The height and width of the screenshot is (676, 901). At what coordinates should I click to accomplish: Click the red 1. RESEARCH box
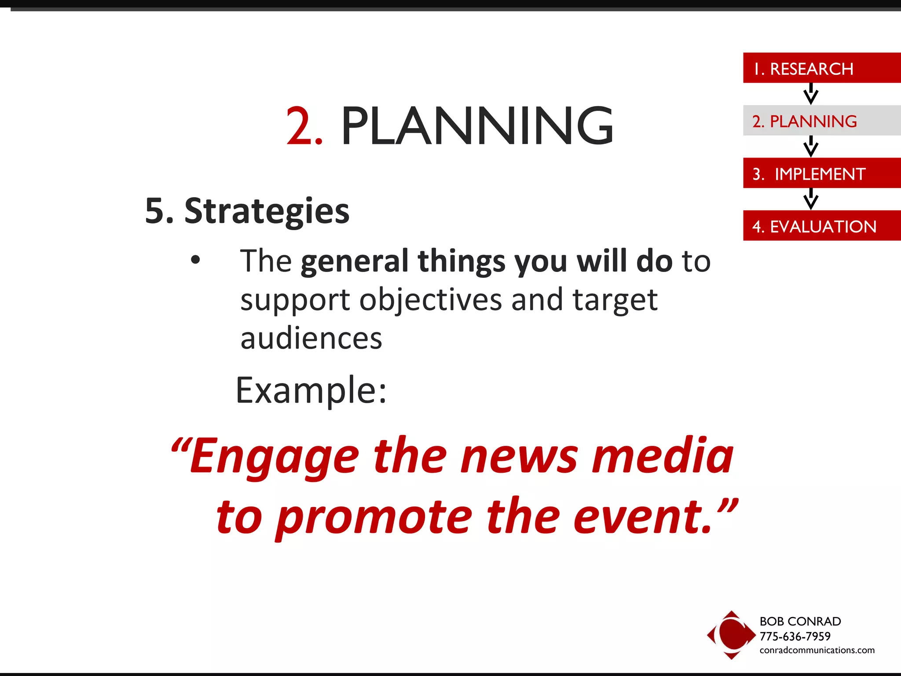tap(821, 68)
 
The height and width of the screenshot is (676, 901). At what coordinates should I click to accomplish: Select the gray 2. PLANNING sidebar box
tap(821, 121)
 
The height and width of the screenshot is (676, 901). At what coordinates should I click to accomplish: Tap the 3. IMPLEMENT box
tap(821, 173)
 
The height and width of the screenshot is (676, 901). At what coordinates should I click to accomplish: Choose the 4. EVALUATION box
tap(821, 226)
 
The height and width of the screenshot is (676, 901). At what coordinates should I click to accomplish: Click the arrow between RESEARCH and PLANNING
tap(810, 94)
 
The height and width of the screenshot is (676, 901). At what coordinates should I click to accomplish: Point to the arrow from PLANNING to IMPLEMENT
tap(810, 146)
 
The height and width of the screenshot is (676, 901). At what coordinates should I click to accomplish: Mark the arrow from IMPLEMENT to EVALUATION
tap(810, 199)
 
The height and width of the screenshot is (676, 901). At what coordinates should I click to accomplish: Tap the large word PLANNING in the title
tap(477, 127)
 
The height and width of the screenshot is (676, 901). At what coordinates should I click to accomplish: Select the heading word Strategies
tap(267, 211)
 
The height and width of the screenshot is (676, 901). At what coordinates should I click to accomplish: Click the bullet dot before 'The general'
tap(195, 260)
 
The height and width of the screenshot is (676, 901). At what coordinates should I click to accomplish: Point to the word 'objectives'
tap(431, 301)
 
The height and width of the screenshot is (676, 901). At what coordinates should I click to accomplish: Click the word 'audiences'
tap(311, 339)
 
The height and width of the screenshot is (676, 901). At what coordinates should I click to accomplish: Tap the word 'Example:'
tap(311, 391)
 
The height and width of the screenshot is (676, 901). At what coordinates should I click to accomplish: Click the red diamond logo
tap(731, 635)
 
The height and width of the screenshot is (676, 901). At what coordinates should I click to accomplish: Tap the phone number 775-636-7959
tap(795, 636)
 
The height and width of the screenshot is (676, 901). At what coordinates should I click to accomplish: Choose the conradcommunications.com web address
tap(817, 650)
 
